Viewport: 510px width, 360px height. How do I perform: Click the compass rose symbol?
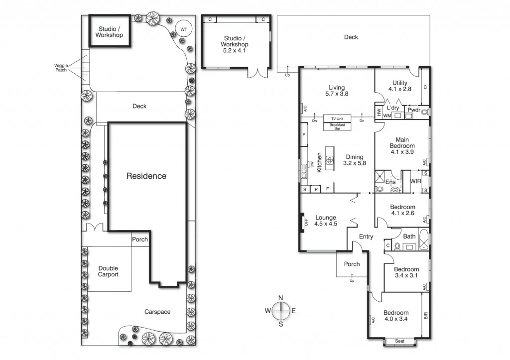(x=281, y=311)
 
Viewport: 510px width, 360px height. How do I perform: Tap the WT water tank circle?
(x=184, y=29)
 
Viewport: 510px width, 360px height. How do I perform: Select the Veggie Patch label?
(x=61, y=68)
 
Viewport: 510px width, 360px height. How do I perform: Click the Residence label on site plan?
(x=146, y=176)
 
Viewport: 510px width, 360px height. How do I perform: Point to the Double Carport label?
(x=108, y=271)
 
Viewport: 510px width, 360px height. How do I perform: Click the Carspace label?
(x=158, y=312)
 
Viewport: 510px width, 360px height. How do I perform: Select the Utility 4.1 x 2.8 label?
(x=399, y=86)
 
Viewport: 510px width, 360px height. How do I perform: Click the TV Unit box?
(x=337, y=119)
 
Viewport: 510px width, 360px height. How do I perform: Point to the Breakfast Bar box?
(x=337, y=126)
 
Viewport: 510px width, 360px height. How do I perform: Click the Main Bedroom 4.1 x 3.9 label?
(x=402, y=146)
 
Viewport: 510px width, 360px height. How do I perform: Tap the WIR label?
(x=416, y=182)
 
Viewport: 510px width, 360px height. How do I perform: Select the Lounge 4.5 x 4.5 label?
(x=326, y=221)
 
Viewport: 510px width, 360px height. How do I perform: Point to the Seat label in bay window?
(x=399, y=342)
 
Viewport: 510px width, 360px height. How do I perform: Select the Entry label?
(x=366, y=237)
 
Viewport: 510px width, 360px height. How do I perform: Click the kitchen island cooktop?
(x=329, y=160)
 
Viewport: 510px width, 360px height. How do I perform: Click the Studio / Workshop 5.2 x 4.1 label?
(x=236, y=41)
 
